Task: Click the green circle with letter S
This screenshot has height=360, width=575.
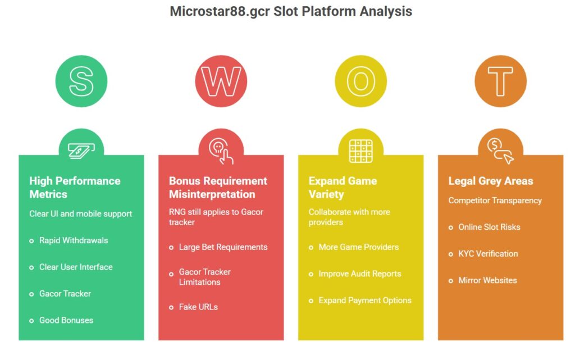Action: click(x=81, y=81)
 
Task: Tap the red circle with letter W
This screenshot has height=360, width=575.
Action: click(x=221, y=81)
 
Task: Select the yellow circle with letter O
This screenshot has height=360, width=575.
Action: click(x=360, y=81)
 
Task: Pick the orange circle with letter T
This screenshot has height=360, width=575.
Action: click(x=500, y=81)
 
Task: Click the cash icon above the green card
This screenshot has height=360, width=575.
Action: click(x=81, y=149)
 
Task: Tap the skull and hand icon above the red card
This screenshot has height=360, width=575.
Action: click(x=221, y=149)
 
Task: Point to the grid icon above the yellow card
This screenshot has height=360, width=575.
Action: click(x=360, y=150)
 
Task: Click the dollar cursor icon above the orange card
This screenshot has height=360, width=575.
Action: click(x=500, y=149)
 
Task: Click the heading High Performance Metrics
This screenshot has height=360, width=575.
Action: click(x=75, y=188)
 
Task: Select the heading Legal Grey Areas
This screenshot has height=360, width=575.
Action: click(x=490, y=181)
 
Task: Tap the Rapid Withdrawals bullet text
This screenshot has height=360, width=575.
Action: click(x=73, y=240)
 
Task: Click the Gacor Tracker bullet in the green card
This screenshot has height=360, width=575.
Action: click(x=65, y=294)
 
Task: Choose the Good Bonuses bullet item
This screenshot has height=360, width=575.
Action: click(x=66, y=320)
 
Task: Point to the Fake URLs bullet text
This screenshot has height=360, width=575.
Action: click(x=198, y=307)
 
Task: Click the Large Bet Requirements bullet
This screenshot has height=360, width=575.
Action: click(x=223, y=247)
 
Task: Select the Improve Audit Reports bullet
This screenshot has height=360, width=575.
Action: click(x=359, y=274)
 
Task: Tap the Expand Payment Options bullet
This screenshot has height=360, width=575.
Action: click(x=364, y=300)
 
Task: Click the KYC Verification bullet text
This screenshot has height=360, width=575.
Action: click(x=488, y=254)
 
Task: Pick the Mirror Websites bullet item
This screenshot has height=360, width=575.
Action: click(x=487, y=280)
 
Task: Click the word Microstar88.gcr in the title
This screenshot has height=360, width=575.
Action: click(x=220, y=11)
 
